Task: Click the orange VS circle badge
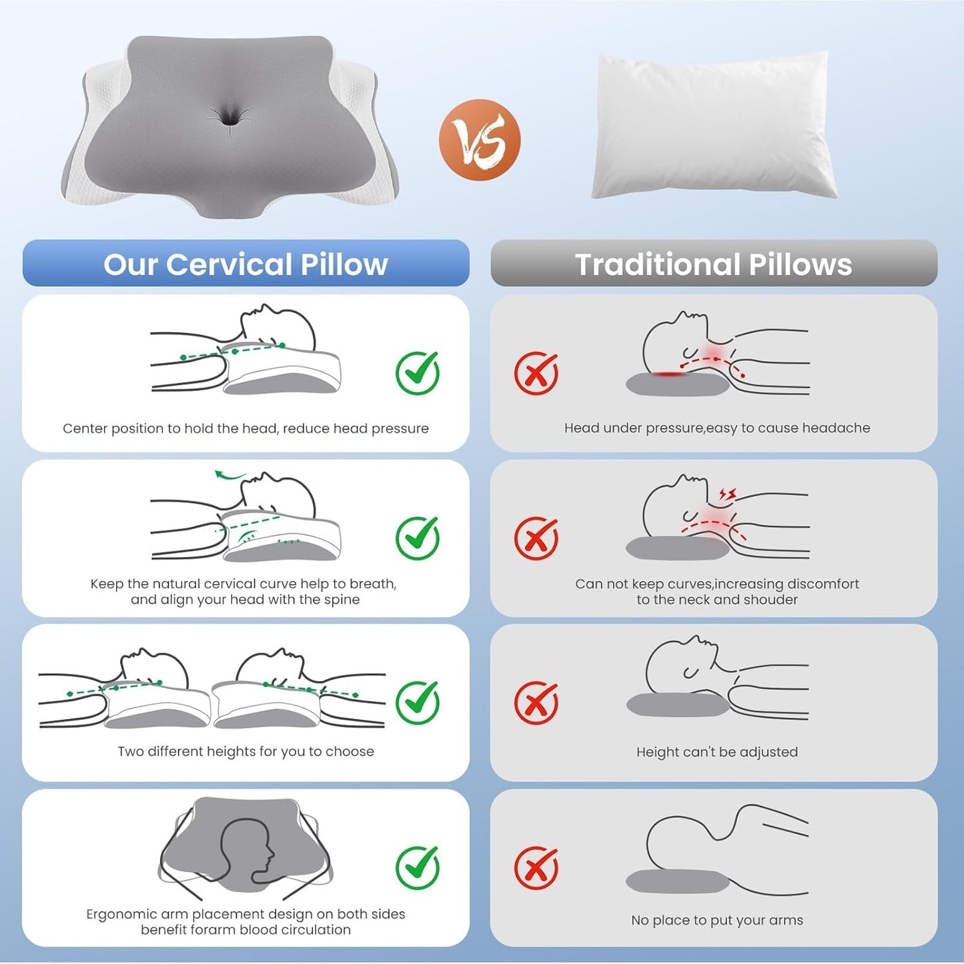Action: [479, 139]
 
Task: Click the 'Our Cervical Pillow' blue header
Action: [246, 264]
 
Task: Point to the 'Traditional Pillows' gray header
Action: [713, 264]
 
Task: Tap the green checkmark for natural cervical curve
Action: [418, 537]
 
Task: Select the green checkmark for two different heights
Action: [418, 702]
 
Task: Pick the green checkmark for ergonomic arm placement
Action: [418, 867]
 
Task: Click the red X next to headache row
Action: [536, 373]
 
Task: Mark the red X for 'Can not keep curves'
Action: [536, 538]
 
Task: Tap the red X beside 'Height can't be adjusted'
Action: [536, 702]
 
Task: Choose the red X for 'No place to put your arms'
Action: [536, 867]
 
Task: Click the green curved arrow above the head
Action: [229, 476]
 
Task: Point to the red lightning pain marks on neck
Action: [727, 494]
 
